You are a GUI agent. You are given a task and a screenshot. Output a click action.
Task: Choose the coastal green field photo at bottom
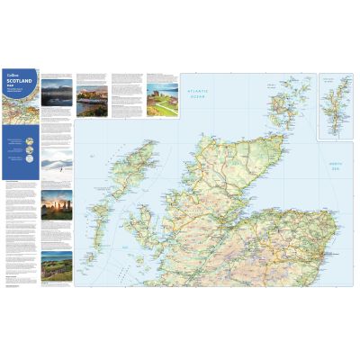click(x=58, y=264)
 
